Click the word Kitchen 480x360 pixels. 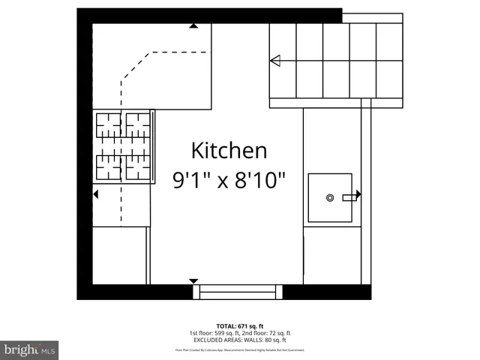229,150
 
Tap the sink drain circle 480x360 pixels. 330,197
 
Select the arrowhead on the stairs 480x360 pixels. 275,61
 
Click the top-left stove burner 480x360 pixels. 108,125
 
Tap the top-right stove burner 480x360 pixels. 137,125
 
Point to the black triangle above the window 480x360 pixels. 194,280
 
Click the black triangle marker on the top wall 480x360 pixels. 193,26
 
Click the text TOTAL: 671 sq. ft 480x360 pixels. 240,326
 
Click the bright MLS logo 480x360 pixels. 30,349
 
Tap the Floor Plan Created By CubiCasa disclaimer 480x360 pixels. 240,349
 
